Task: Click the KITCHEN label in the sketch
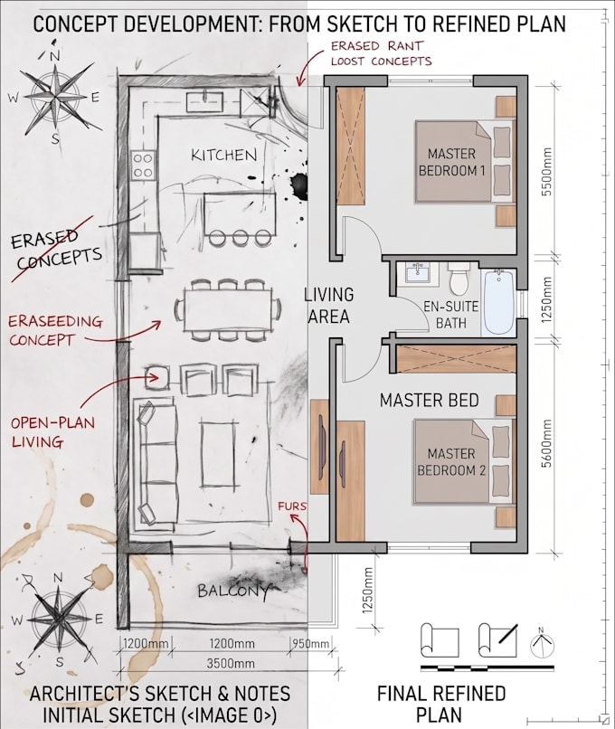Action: pos(224,155)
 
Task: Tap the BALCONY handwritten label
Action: pos(233,591)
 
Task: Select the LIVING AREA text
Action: pos(328,306)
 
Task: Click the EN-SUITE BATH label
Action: pos(451,314)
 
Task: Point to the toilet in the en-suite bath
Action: pos(459,279)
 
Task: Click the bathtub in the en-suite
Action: pos(499,302)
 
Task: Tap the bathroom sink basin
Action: pos(419,272)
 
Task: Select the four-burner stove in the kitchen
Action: pos(143,166)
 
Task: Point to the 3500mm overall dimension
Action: pos(231,663)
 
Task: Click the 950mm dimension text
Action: pos(311,644)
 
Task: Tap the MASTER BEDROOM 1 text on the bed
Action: pos(451,162)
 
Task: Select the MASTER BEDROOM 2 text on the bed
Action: pos(451,461)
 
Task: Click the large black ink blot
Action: pos(298,185)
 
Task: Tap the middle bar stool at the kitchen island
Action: pos(241,238)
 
